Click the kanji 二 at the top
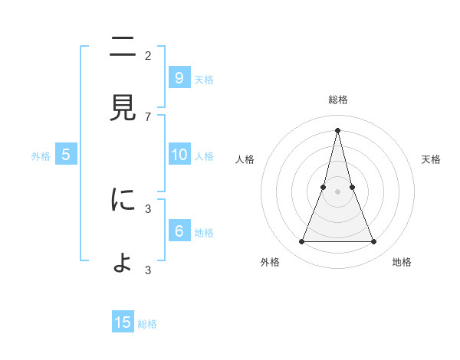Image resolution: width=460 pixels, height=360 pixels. [x=123, y=48]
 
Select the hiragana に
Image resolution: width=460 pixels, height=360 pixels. [x=123, y=200]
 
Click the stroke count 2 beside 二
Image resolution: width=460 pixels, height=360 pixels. [x=148, y=55]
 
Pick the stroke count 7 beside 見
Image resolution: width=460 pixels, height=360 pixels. [x=148, y=116]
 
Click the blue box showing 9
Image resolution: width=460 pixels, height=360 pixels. [x=179, y=77]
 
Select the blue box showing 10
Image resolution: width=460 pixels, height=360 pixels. [x=179, y=154]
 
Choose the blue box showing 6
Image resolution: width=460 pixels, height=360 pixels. [x=179, y=231]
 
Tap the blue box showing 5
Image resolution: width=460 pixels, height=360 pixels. [x=66, y=154]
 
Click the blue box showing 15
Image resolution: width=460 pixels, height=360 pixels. [x=123, y=322]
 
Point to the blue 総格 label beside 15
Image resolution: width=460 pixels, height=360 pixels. [x=147, y=324]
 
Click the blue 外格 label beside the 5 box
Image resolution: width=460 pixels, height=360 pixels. [x=41, y=156]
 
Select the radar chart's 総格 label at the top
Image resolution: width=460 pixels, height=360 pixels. [x=337, y=100]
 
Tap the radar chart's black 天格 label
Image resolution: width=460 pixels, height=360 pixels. [x=431, y=159]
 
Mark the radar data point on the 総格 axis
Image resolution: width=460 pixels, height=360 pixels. [x=337, y=129]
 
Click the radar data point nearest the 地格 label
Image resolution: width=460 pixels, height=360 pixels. [x=373, y=242]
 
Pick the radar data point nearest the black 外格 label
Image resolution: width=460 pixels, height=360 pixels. [x=301, y=242]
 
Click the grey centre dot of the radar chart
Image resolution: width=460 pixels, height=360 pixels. [x=337, y=191]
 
